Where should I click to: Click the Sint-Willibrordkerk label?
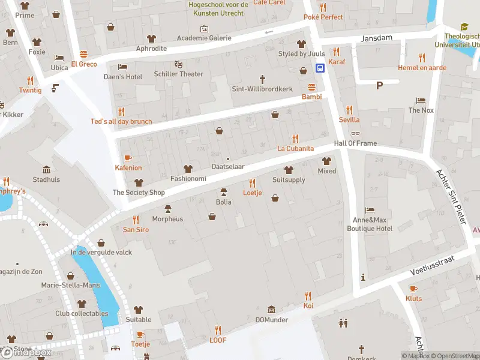click(x=262, y=89)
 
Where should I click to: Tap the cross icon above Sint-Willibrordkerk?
click(x=262, y=79)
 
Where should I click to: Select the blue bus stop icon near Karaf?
click(x=321, y=68)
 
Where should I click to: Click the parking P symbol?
click(x=379, y=85)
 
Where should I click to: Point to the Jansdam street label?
click(x=376, y=38)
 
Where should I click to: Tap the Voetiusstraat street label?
click(x=433, y=264)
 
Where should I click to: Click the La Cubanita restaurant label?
click(x=295, y=148)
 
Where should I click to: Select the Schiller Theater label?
click(x=178, y=74)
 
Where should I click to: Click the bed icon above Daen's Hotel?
click(x=123, y=67)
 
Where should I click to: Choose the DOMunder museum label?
click(x=272, y=320)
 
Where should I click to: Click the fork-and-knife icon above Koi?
click(x=308, y=296)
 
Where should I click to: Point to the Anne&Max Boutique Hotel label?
click(x=370, y=224)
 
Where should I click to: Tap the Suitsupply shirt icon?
click(x=289, y=170)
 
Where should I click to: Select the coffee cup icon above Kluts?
click(x=413, y=289)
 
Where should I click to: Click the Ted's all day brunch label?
click(x=121, y=121)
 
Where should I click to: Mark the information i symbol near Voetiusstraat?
click(x=362, y=277)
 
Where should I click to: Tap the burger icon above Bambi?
click(x=311, y=86)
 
